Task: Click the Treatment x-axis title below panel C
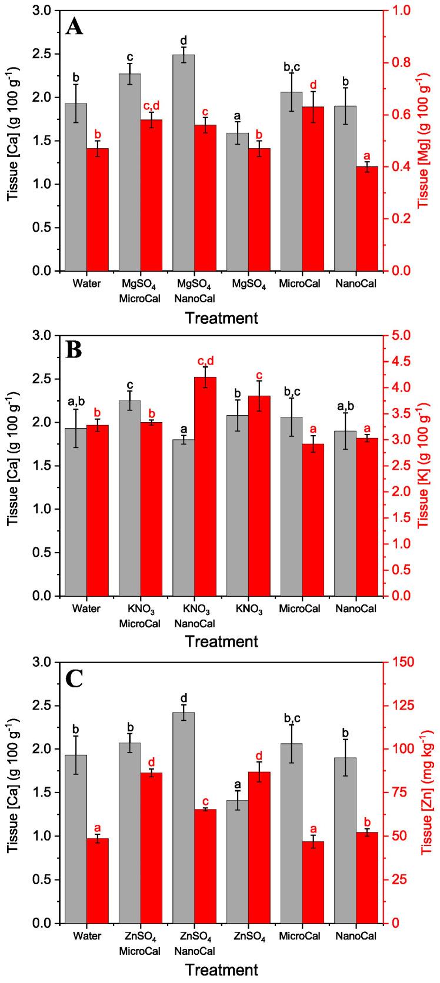click(221, 970)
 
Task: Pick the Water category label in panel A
click(86, 283)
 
